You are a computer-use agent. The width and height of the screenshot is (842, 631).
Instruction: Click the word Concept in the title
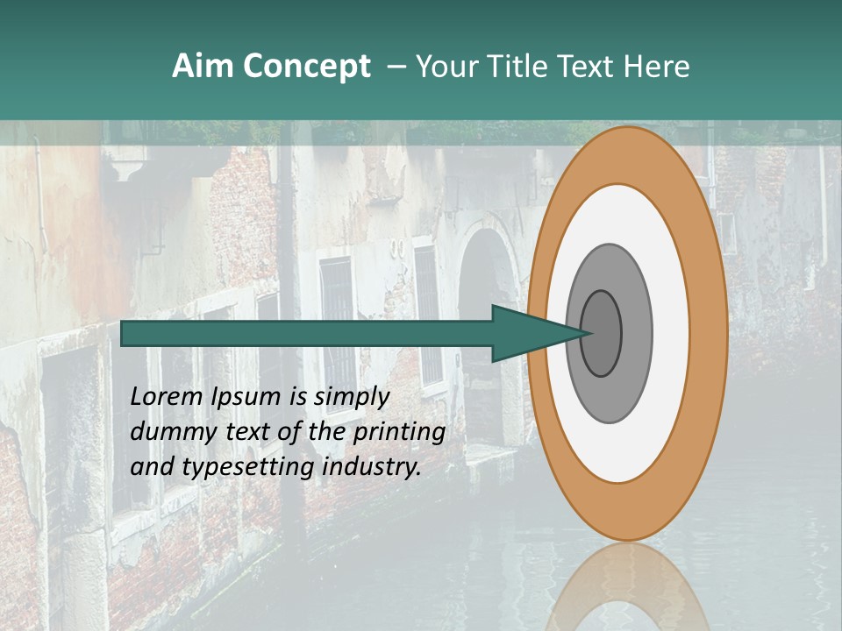tap(306, 66)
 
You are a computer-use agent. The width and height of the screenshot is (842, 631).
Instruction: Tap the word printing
tap(399, 431)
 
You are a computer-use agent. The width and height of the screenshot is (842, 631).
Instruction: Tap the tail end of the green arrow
tap(125, 334)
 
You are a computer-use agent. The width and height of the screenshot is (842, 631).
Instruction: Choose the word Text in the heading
tap(588, 66)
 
